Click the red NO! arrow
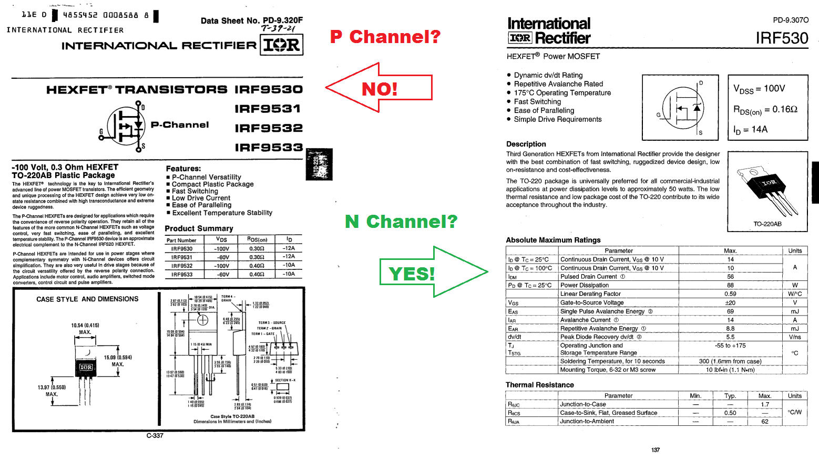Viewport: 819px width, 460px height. [379, 88]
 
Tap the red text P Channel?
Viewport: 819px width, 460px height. [385, 37]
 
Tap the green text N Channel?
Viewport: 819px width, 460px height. [401, 222]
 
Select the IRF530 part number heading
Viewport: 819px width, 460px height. [782, 38]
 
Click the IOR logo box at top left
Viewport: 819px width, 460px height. [281, 45]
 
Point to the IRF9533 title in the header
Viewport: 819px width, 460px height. [269, 148]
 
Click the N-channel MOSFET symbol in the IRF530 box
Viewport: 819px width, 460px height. [682, 109]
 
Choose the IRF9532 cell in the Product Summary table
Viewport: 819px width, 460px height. [182, 266]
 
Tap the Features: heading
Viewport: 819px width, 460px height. [183, 169]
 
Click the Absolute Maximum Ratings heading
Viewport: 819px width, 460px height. [553, 240]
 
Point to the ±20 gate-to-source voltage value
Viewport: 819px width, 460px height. [730, 302]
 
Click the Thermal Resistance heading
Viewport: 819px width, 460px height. [539, 385]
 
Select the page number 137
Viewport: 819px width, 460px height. [656, 450]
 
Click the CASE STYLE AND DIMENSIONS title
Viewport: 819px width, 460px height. [87, 299]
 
